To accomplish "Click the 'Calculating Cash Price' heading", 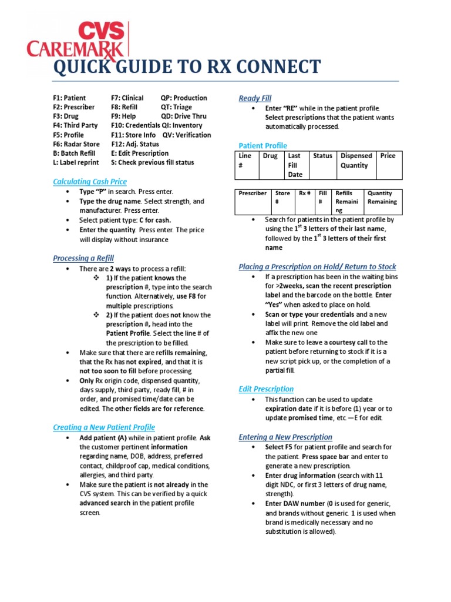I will [90, 182].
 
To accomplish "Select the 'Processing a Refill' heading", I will [83, 258].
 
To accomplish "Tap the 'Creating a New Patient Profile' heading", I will [104, 427].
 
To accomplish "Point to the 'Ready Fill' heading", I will [255, 98].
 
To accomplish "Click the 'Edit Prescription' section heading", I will [266, 389].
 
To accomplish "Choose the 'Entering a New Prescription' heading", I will [285, 437].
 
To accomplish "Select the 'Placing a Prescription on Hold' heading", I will [317, 267].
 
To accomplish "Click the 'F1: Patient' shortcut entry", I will [69, 98].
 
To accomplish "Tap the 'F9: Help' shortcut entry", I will [123, 116].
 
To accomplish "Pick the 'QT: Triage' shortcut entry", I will [176, 107].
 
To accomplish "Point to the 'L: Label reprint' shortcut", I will [76, 162].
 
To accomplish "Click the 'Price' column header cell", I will [388, 156].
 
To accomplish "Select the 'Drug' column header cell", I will [270, 156].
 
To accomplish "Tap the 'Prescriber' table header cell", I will [253, 193].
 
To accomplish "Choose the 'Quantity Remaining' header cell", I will [382, 198].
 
